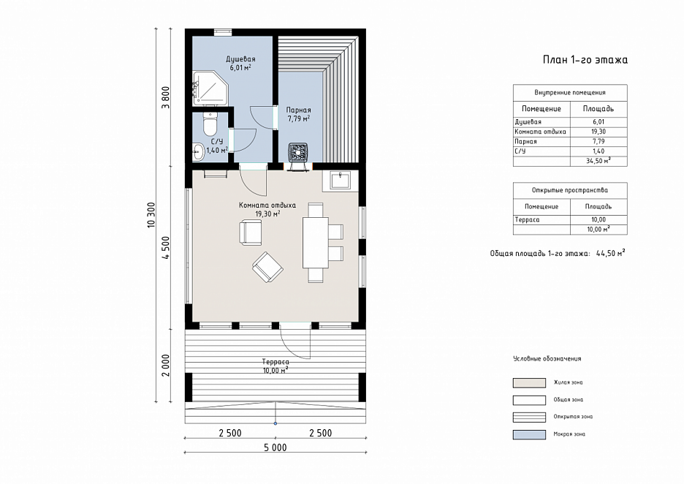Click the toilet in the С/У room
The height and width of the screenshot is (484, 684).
pyautogui.click(x=210, y=124)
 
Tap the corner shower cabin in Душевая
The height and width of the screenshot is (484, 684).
pyautogui.click(x=210, y=88)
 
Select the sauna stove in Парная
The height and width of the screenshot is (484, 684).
pyautogui.click(x=299, y=154)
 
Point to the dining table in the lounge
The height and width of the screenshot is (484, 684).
pyautogui.click(x=316, y=242)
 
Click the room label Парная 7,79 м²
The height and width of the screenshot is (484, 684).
pyautogui.click(x=299, y=114)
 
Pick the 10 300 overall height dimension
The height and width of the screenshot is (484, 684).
pyautogui.click(x=151, y=215)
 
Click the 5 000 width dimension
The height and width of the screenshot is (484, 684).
pyautogui.click(x=275, y=447)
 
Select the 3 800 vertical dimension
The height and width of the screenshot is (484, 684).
pyautogui.click(x=165, y=98)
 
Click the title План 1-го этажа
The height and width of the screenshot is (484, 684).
pyautogui.click(x=585, y=60)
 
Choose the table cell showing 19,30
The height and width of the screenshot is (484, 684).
pyautogui.click(x=598, y=132)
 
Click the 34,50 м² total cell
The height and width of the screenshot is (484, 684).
pyautogui.click(x=598, y=161)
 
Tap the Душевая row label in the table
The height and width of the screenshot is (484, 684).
pyautogui.click(x=528, y=122)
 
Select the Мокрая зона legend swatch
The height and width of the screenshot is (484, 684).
pyautogui.click(x=529, y=434)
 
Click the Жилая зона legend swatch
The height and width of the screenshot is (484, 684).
pyautogui.click(x=529, y=383)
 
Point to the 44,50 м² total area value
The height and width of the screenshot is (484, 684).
pyautogui.click(x=610, y=253)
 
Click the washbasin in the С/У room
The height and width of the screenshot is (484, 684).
pyautogui.click(x=199, y=152)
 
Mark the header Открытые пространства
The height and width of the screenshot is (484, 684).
pyautogui.click(x=570, y=190)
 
